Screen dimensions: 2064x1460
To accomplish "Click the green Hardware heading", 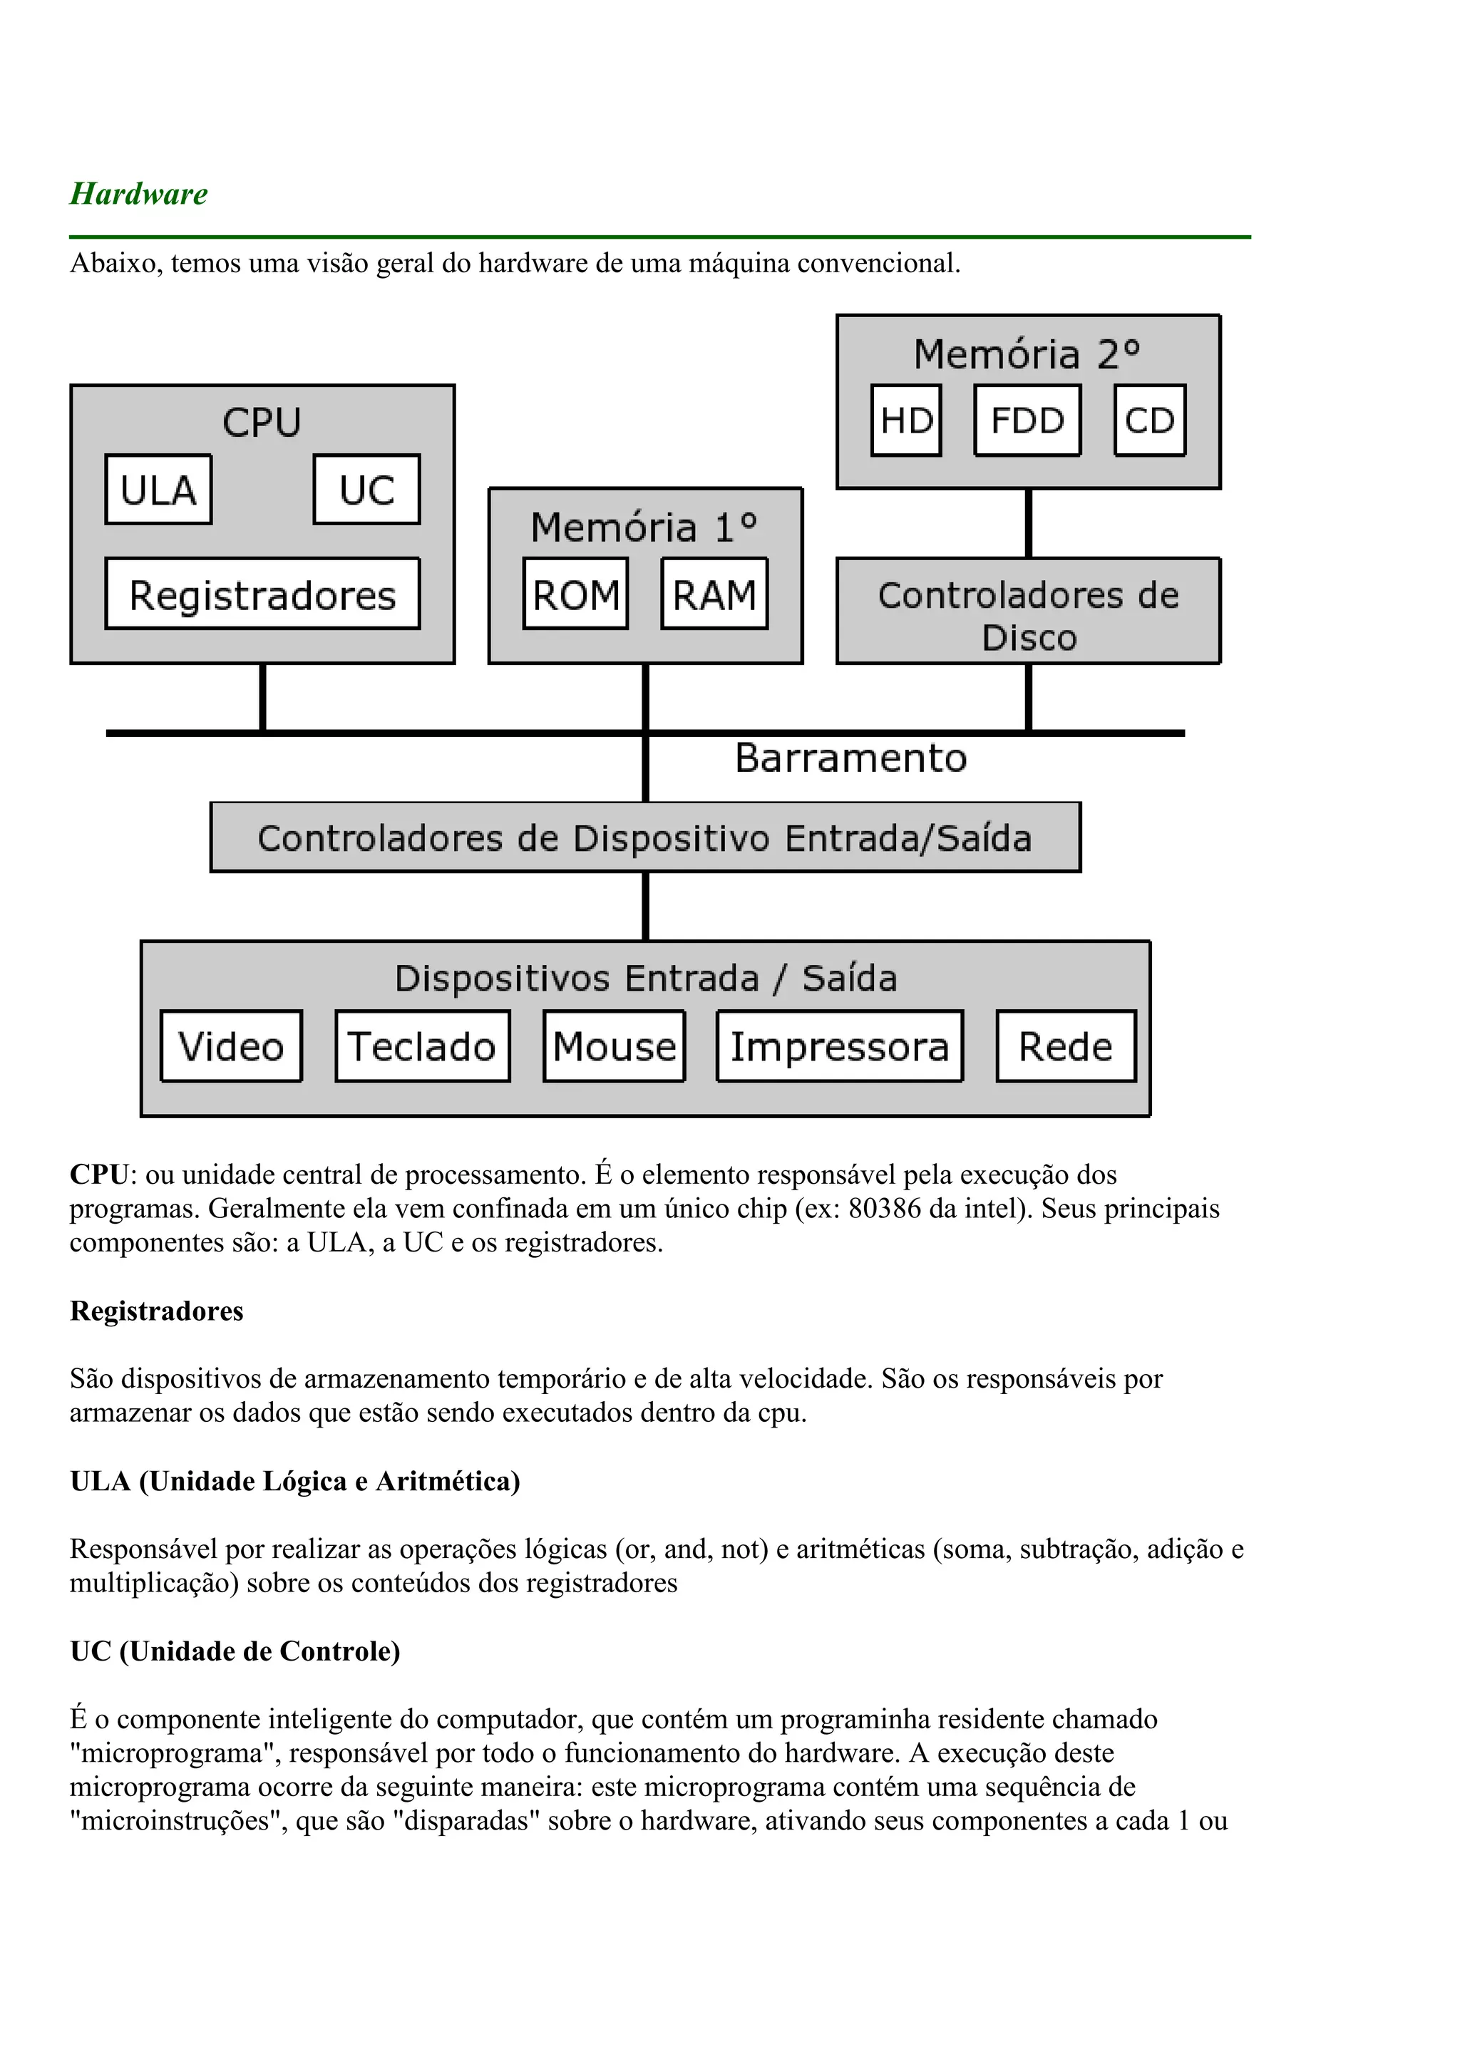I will [138, 194].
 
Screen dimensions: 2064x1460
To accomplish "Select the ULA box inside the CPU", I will [158, 490].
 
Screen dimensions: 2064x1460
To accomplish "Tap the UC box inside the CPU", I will [367, 490].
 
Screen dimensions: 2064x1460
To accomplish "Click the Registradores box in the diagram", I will [262, 594].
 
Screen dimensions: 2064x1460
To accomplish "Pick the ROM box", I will [575, 594].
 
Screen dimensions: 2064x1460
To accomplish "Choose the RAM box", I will [715, 594].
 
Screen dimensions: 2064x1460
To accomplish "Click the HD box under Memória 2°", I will [906, 420].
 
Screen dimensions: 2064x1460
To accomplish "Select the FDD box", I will [1027, 420].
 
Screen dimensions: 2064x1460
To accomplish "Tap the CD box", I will [1150, 420].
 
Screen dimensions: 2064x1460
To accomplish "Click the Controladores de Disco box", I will [1029, 612].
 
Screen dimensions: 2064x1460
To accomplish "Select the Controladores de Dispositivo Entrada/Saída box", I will [645, 838].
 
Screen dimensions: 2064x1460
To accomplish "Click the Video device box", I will [231, 1046].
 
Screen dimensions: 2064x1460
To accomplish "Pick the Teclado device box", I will [423, 1046].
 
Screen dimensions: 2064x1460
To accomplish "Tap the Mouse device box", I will [614, 1046].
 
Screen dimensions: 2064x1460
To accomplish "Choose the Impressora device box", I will [840, 1046].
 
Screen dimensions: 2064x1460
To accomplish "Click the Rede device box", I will [1066, 1046].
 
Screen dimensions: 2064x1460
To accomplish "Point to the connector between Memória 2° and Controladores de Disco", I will [1029, 523].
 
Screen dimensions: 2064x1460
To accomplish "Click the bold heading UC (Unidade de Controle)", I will [235, 1651].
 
